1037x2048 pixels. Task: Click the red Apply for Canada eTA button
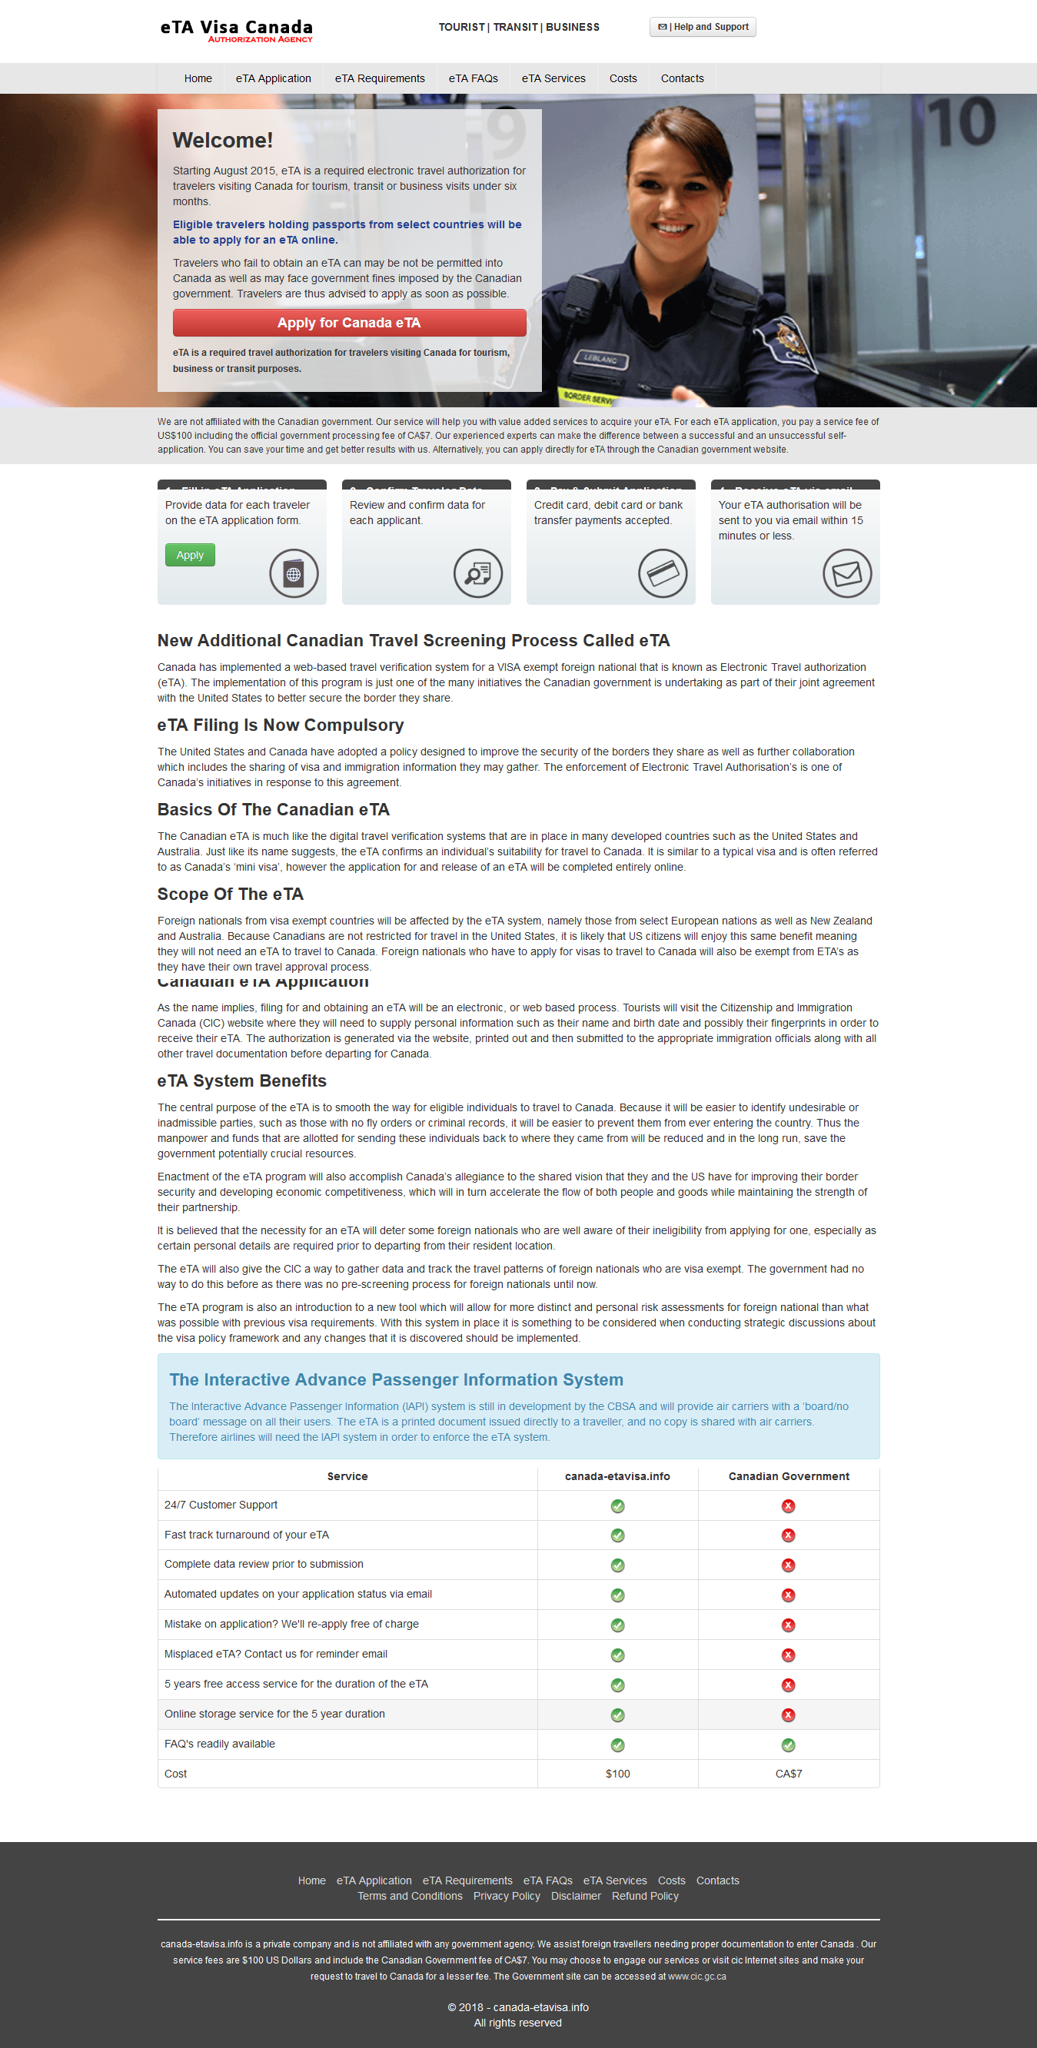pyautogui.click(x=349, y=323)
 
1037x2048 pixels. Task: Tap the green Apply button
pyautogui.click(x=190, y=555)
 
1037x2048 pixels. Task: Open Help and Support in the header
pyautogui.click(x=703, y=27)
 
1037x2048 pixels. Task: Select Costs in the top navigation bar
pyautogui.click(x=623, y=78)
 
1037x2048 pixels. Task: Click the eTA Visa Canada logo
pyautogui.click(x=236, y=30)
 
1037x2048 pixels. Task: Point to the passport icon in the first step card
pyautogui.click(x=294, y=573)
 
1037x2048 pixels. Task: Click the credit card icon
pyautogui.click(x=663, y=573)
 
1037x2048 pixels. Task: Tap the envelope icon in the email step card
pyautogui.click(x=847, y=573)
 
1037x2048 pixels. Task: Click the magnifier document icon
pyautogui.click(x=478, y=573)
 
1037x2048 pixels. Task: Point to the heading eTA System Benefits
pyautogui.click(x=241, y=1080)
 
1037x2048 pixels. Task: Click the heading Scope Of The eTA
pyautogui.click(x=230, y=894)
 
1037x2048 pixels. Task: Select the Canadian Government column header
pyautogui.click(x=788, y=1476)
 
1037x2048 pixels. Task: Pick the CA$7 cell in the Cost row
pyautogui.click(x=788, y=1774)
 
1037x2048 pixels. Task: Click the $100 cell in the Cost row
pyautogui.click(x=617, y=1774)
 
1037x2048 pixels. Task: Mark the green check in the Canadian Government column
pyautogui.click(x=788, y=1744)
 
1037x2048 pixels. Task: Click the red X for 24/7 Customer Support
pyautogui.click(x=788, y=1505)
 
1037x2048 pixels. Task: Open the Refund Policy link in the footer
pyautogui.click(x=645, y=1896)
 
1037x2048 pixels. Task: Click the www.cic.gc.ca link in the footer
pyautogui.click(x=696, y=1976)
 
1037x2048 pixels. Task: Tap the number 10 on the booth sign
pyautogui.click(x=962, y=123)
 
